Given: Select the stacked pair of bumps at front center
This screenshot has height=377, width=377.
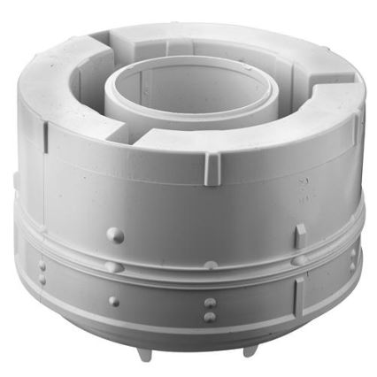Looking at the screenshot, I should pyautogui.click(x=209, y=309).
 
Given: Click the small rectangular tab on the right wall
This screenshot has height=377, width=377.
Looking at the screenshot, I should pyautogui.click(x=301, y=232).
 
